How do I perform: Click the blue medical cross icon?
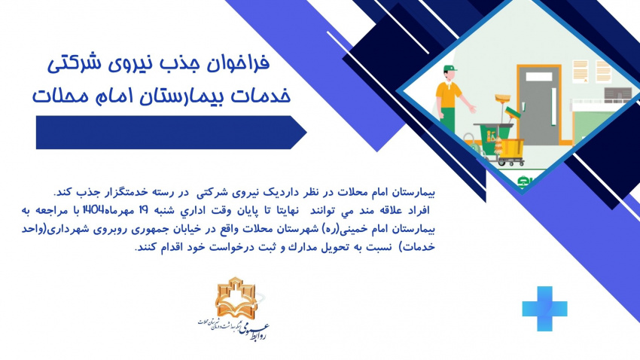point(544,309)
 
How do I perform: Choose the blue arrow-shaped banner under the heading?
point(170,133)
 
